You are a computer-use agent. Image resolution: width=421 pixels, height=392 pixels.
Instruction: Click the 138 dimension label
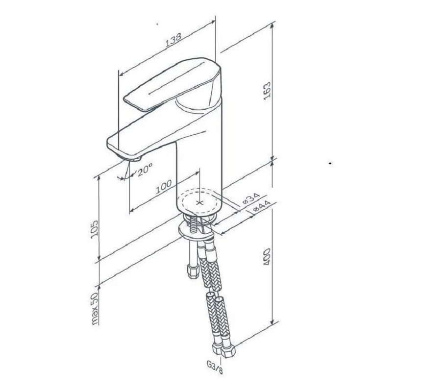[173, 40]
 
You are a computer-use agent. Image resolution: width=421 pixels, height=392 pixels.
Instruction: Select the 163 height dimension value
[268, 91]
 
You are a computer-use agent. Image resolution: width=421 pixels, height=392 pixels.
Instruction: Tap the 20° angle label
[145, 170]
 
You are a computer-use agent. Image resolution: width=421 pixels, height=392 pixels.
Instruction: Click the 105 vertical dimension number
[95, 229]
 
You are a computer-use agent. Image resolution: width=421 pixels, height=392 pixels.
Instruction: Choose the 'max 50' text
[95, 308]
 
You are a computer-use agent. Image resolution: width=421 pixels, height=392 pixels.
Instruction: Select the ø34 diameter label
[251, 198]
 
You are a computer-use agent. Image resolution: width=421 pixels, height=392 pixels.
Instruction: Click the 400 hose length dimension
[267, 257]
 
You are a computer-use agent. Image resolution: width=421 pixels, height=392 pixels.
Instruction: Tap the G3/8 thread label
[215, 367]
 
